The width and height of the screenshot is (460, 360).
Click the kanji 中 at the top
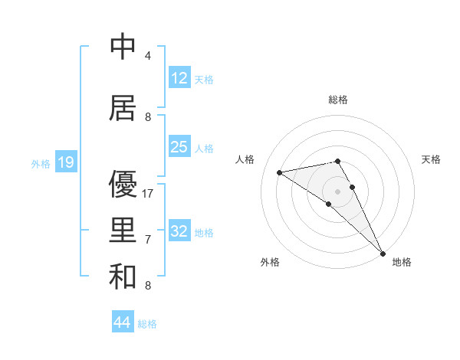(123, 47)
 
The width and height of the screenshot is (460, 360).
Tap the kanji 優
(123, 185)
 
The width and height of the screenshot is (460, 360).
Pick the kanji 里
(123, 230)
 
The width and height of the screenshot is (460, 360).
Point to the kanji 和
(123, 276)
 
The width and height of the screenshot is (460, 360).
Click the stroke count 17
(149, 194)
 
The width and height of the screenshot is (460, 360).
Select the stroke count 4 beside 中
(148, 56)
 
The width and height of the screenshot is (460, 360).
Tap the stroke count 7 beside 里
(148, 240)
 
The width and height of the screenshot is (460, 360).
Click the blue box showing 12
(179, 78)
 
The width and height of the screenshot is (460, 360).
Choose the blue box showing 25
(179, 147)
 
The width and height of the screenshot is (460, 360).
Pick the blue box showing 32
(179, 231)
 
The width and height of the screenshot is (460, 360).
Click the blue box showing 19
(65, 162)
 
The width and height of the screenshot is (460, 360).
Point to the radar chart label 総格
(338, 100)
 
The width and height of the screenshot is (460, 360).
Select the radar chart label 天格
(432, 159)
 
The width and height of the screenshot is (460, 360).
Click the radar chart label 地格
(402, 262)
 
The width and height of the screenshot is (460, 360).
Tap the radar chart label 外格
(270, 262)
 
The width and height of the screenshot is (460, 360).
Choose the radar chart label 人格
(245, 159)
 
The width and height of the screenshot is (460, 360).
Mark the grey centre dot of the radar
(338, 191)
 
